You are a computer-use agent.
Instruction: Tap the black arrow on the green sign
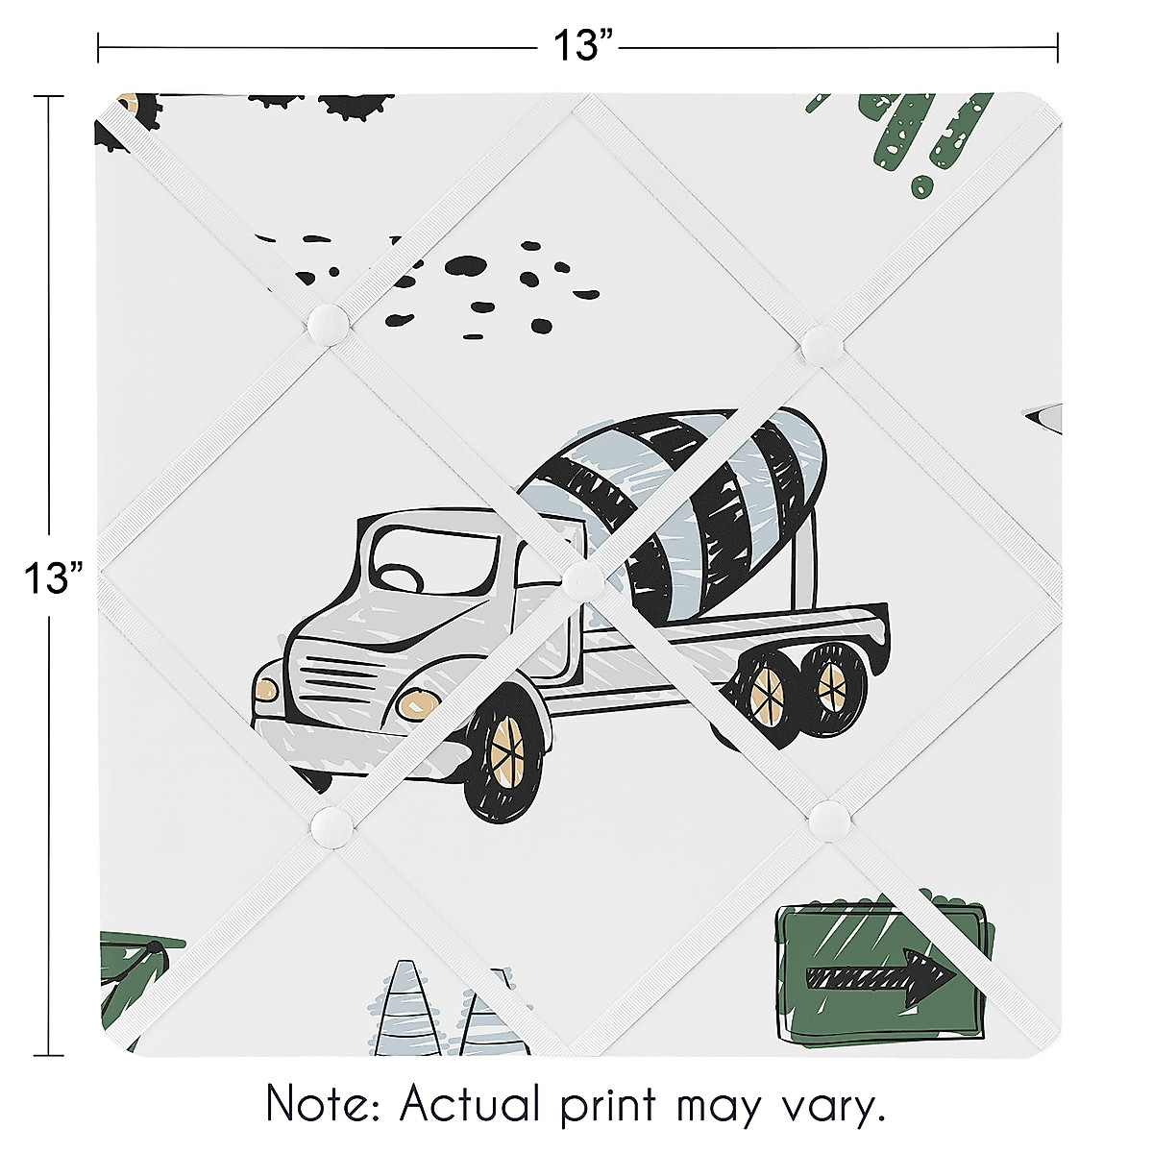(879, 978)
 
